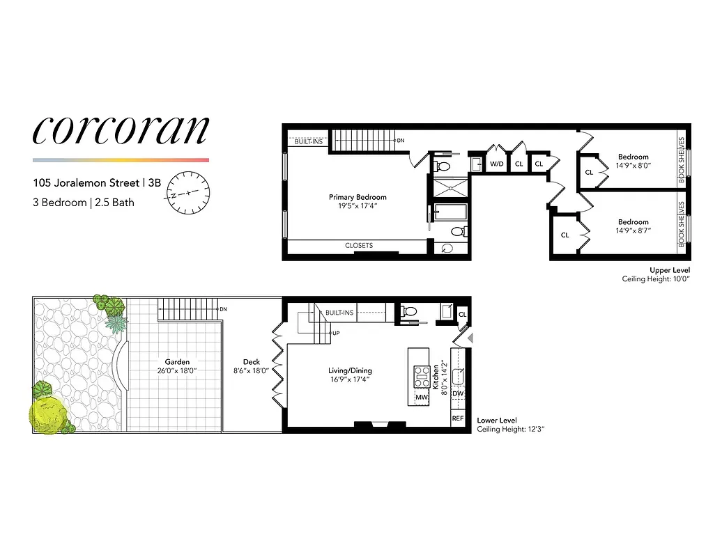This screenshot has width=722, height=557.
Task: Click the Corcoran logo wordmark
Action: tap(121, 131)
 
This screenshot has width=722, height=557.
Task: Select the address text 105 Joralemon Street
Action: tap(87, 183)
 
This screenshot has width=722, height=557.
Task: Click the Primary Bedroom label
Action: tap(358, 197)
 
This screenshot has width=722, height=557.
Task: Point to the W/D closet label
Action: tap(496, 164)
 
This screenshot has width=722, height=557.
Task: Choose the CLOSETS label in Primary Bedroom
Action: tap(359, 246)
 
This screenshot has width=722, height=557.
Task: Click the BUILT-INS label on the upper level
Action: tap(307, 141)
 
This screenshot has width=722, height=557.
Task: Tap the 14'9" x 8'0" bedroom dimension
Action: tap(632, 166)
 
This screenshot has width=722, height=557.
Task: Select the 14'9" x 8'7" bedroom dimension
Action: tap(632, 230)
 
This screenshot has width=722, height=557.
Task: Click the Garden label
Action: tap(177, 361)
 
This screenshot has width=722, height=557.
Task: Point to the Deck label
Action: tap(251, 361)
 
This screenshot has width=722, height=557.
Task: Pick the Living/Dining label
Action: tap(351, 370)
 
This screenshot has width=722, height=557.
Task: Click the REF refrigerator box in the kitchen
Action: tap(458, 418)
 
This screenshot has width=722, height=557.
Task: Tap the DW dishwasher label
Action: tap(458, 394)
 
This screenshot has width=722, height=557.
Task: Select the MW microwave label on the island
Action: tap(421, 398)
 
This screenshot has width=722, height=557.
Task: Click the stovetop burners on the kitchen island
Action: tap(421, 377)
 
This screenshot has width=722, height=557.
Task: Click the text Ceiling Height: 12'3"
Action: tap(510, 430)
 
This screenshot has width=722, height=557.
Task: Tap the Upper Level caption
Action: tap(669, 269)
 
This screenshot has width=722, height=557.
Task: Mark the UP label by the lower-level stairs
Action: tap(337, 334)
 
